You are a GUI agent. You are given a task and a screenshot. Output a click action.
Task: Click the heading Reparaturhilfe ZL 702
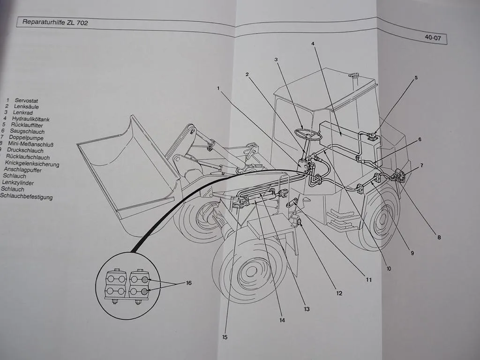(55, 22)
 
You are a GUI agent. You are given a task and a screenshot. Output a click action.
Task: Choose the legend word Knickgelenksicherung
(32, 164)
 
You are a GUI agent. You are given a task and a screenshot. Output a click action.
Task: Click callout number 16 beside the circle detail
(188, 283)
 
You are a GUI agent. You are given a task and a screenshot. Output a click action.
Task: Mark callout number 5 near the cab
(415, 78)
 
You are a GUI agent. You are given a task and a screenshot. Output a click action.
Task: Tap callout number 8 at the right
(439, 237)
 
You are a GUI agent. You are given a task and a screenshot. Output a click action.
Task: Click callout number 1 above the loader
(218, 88)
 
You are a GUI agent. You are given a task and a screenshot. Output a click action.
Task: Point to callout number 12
(339, 293)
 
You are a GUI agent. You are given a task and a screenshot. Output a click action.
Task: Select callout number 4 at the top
(313, 44)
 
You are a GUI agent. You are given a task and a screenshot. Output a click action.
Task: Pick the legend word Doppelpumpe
(27, 138)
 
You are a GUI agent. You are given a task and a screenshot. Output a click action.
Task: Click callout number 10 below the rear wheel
(389, 269)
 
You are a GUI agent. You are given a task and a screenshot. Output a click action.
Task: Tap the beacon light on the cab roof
(355, 75)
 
